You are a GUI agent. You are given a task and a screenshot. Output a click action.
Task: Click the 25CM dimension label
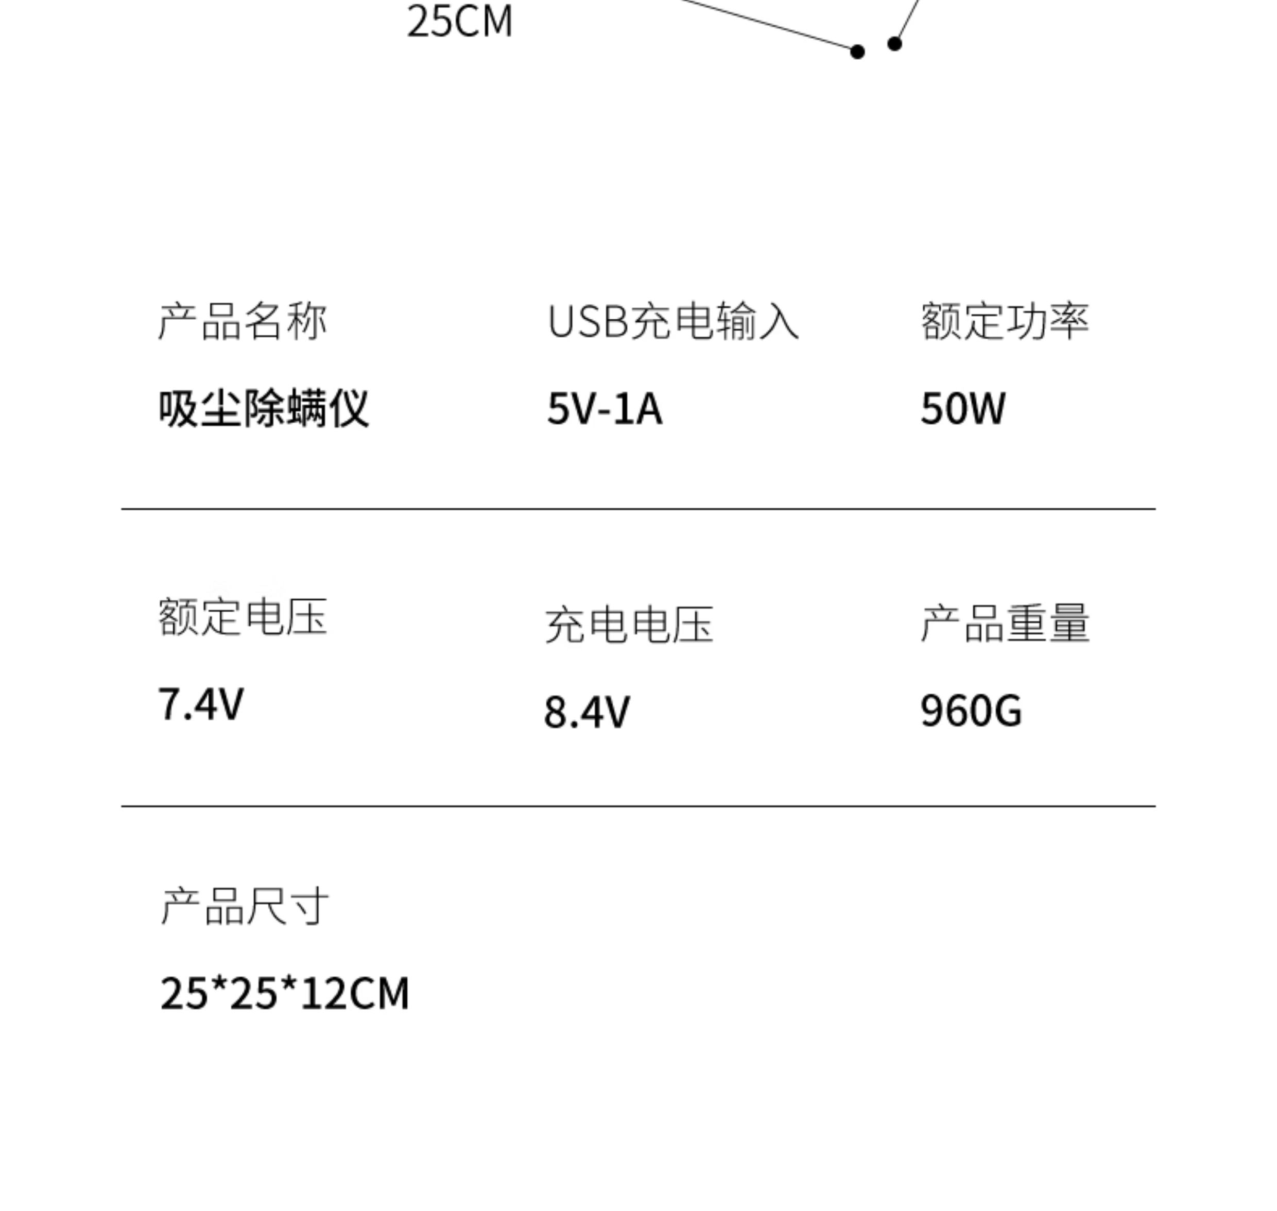pos(460,21)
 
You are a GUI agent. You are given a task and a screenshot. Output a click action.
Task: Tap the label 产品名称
pos(243,321)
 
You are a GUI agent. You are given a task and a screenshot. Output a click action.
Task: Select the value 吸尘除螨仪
pos(264,409)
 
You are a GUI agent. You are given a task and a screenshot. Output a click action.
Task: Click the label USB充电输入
pos(672,321)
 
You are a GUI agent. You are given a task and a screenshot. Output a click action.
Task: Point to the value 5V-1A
pos(605,409)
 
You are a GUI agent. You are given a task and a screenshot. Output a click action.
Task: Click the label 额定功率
pos(1005,321)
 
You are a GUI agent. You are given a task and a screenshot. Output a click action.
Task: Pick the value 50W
pos(962,409)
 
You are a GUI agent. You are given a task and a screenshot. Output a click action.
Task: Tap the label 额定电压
pos(243,617)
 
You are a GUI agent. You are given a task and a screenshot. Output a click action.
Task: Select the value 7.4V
pos(201,704)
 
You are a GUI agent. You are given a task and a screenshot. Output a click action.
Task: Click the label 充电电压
pos(629,625)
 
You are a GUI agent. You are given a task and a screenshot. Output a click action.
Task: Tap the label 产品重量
pos(1005,624)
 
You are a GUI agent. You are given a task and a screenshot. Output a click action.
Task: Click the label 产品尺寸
pos(245,906)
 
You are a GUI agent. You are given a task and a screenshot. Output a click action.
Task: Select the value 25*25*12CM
pos(284,993)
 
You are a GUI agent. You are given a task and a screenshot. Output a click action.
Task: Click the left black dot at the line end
pos(857,51)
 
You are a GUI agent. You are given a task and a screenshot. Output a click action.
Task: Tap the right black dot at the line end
pos(894,44)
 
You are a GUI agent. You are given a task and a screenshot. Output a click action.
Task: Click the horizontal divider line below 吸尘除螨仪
pos(638,509)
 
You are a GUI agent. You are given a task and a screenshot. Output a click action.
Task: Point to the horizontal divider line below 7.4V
pos(638,806)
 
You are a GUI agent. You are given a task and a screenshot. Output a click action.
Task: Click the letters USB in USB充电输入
pos(588,321)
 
